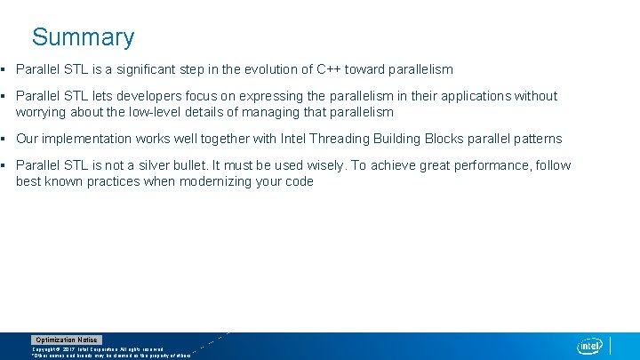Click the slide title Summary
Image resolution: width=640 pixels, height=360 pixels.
pyautogui.click(x=83, y=37)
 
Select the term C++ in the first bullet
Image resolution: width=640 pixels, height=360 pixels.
pyautogui.click(x=327, y=69)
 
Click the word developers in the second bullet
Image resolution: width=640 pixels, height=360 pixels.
pyautogui.click(x=148, y=96)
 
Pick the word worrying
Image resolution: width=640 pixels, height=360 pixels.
pyautogui.click(x=43, y=112)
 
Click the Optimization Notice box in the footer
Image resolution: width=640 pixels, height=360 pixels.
pyautogui.click(x=67, y=340)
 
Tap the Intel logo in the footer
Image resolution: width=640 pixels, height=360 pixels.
pyautogui.click(x=589, y=346)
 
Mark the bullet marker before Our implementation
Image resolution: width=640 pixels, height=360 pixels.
pyautogui.click(x=4, y=139)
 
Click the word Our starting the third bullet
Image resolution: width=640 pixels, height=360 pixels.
pyautogui.click(x=28, y=139)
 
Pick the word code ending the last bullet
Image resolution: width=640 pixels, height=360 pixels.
pyautogui.click(x=299, y=181)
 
